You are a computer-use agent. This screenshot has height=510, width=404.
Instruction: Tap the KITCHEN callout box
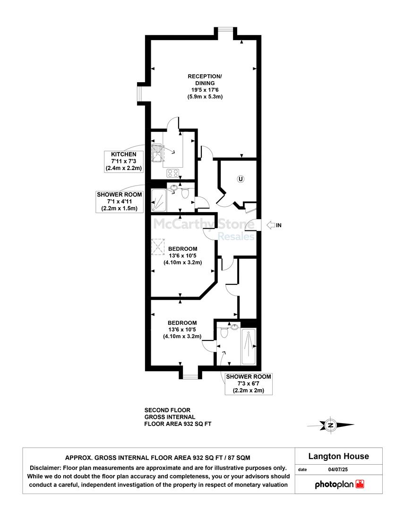pyautogui.click(x=124, y=161)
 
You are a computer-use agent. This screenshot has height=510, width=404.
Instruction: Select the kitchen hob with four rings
pyautogui.click(x=172, y=173)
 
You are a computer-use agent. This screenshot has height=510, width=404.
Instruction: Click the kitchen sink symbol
pyautogui.click(x=156, y=153)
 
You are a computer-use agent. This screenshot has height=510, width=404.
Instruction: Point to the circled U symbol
pyautogui.click(x=241, y=179)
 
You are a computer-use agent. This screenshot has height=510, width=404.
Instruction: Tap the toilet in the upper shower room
pyautogui.click(x=185, y=193)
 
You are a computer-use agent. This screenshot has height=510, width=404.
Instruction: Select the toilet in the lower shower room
pyautogui.click(x=224, y=332)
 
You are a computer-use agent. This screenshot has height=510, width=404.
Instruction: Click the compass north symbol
pyautogui.click(x=331, y=425)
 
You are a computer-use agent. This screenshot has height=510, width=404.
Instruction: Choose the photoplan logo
pyautogui.click(x=339, y=484)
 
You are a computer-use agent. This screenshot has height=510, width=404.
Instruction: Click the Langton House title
pyautogui.click(x=339, y=456)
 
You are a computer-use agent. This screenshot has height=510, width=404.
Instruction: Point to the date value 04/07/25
pyautogui.click(x=338, y=470)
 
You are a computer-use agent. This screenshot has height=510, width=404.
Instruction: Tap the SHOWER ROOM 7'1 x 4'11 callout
pyautogui.click(x=120, y=202)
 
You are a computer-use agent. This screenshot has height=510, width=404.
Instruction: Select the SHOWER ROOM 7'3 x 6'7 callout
pyautogui.click(x=249, y=384)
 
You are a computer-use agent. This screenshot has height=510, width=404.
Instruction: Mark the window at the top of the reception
pyautogui.click(x=225, y=29)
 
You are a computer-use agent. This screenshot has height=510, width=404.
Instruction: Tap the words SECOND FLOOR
pyautogui.click(x=167, y=410)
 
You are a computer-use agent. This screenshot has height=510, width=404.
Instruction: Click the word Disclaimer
pyautogui.click(x=45, y=468)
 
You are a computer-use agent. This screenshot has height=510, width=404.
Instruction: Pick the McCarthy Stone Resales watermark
pyautogui.click(x=204, y=229)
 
